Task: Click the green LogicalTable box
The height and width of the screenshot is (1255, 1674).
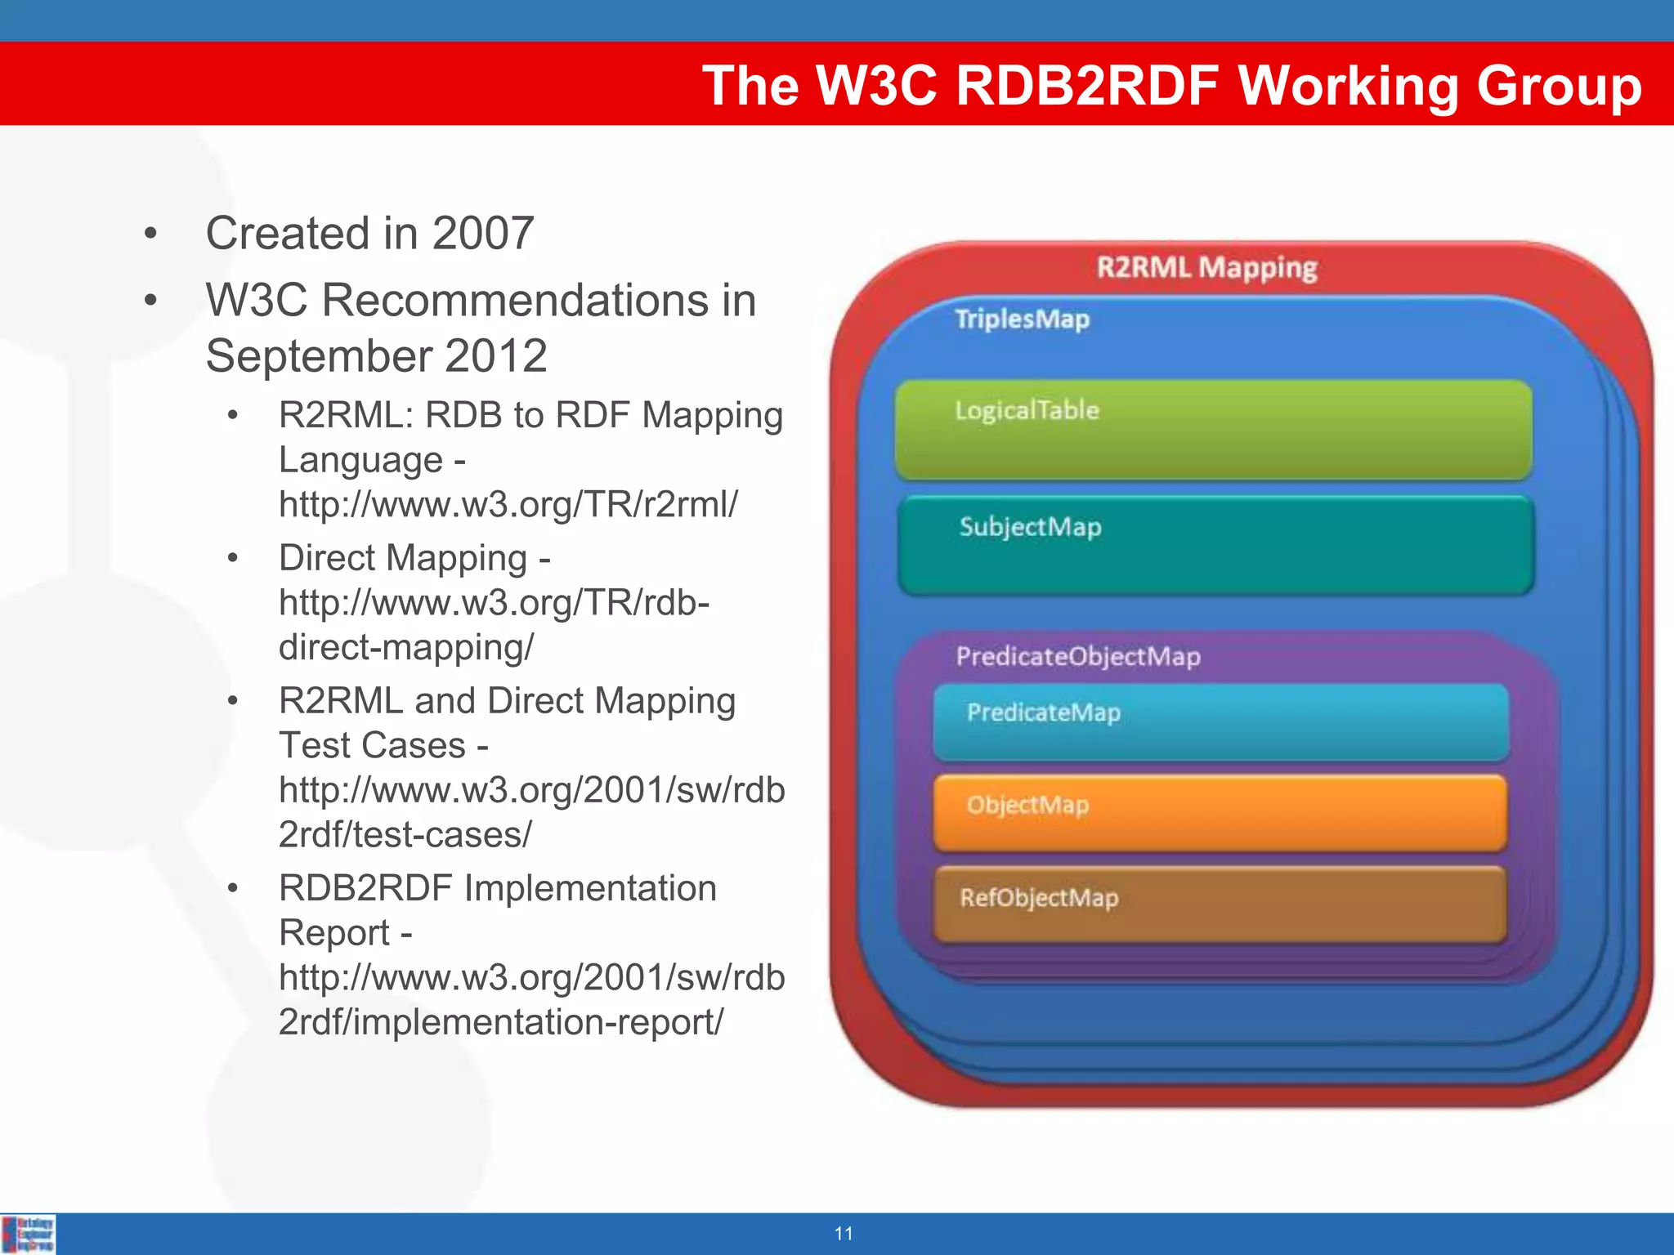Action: (x=1213, y=430)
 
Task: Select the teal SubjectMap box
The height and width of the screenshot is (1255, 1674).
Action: (x=1215, y=545)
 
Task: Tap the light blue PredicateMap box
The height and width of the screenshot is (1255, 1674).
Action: (x=1220, y=722)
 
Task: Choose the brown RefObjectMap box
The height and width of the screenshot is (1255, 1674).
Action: (x=1220, y=905)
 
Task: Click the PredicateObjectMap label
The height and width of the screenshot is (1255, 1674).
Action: (x=1078, y=657)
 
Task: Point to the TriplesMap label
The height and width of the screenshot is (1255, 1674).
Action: (x=1022, y=319)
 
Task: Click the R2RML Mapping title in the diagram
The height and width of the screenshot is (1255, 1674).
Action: (x=1206, y=268)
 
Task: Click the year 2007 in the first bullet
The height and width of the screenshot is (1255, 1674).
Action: (x=482, y=234)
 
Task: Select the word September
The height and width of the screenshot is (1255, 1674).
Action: (x=317, y=356)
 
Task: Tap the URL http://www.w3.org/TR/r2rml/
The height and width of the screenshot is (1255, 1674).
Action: (x=508, y=504)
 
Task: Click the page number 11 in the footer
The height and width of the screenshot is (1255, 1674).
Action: (x=844, y=1234)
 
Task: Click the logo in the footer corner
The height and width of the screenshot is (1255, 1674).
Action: (x=29, y=1234)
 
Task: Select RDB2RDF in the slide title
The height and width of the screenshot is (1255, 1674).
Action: (x=1087, y=85)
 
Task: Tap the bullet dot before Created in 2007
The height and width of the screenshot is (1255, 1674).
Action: (x=150, y=234)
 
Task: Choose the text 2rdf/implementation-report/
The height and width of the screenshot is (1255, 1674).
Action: (x=500, y=1022)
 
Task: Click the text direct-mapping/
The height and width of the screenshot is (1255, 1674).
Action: (x=405, y=647)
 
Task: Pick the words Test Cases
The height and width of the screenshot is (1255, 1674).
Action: (x=373, y=745)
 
